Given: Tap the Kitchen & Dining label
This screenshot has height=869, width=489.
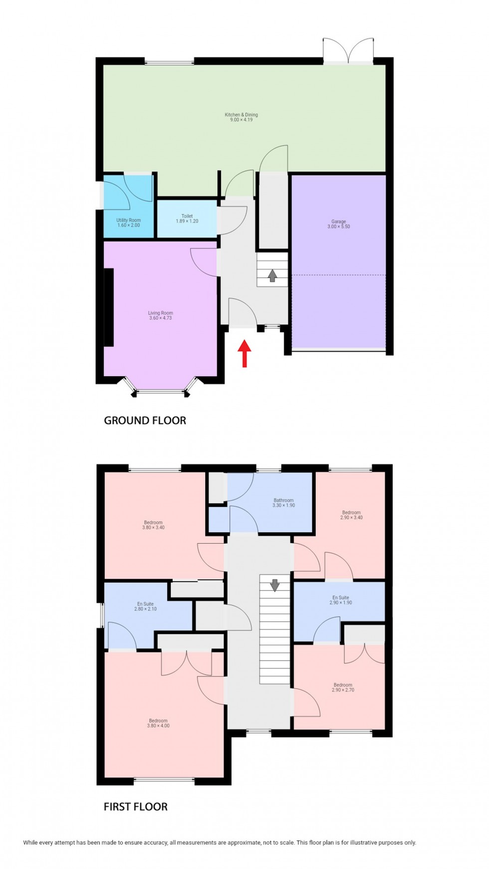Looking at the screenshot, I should [x=241, y=117].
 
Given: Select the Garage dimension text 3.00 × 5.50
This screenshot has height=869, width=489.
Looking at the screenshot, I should [x=338, y=226].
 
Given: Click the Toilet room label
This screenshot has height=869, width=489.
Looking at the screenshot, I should [x=187, y=218].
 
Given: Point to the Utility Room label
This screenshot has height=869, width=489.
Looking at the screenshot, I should [x=128, y=222].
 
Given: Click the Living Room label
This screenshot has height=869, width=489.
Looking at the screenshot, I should [x=160, y=315].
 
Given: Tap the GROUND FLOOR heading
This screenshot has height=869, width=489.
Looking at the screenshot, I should [x=145, y=421].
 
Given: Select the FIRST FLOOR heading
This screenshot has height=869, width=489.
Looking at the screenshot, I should [x=135, y=807].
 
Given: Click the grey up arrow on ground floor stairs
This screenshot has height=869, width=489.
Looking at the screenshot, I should [x=272, y=275].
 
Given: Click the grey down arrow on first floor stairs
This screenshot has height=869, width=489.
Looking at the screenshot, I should [x=274, y=585].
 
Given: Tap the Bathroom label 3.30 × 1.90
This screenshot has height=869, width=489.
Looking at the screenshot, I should [x=283, y=502].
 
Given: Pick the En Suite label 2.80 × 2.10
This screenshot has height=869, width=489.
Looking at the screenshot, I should [x=145, y=606].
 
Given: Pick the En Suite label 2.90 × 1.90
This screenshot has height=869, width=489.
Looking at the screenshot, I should [x=341, y=600].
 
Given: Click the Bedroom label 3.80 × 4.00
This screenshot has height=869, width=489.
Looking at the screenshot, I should [x=158, y=723].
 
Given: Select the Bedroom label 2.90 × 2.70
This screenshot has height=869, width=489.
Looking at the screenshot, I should [x=343, y=687].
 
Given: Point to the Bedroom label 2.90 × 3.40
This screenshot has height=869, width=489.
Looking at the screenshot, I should [x=351, y=515].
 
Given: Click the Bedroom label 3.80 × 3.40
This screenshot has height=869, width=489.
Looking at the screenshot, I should [x=153, y=525].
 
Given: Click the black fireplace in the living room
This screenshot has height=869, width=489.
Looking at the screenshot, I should [x=108, y=307].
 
